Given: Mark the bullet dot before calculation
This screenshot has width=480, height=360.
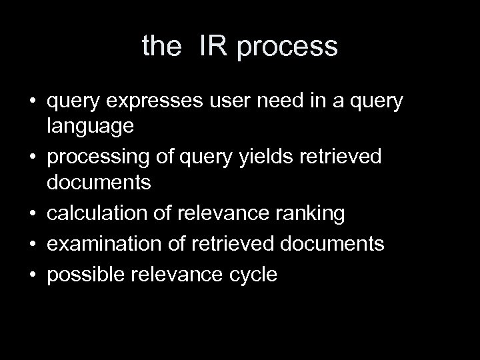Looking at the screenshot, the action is [31, 214].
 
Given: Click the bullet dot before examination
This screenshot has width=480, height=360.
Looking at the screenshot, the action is [31, 244].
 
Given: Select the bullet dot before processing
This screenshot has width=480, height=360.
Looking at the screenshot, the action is [31, 157].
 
